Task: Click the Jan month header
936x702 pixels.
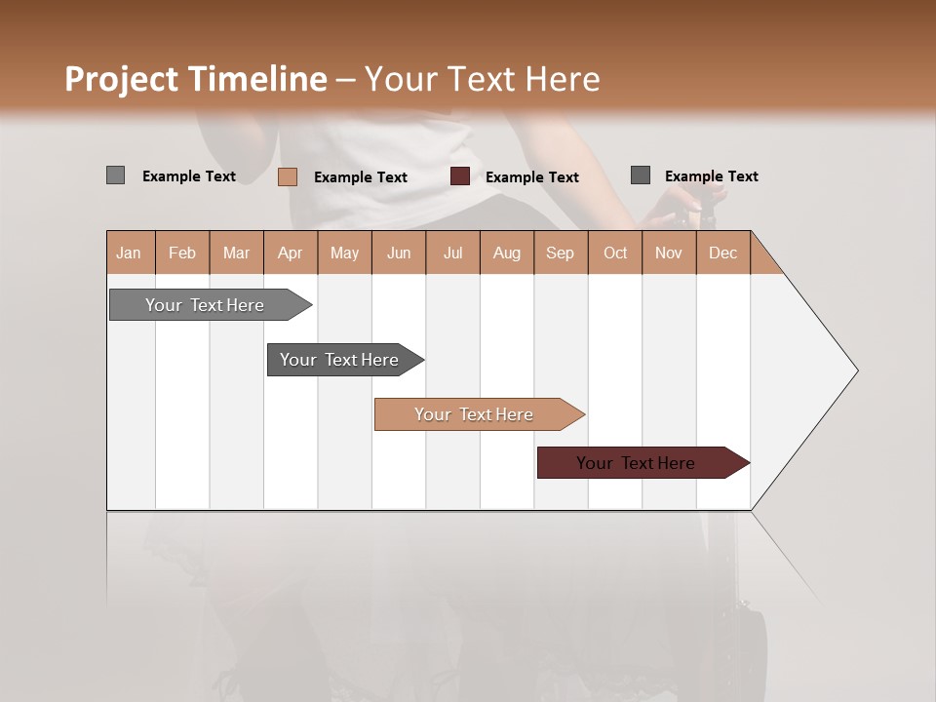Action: [x=129, y=253]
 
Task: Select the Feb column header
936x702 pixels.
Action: [x=182, y=253]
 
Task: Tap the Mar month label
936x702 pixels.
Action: [x=236, y=253]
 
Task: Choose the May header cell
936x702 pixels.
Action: [x=344, y=253]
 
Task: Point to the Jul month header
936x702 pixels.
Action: [x=452, y=253]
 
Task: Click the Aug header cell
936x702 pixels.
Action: [x=506, y=253]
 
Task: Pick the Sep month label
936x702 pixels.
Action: [x=560, y=253]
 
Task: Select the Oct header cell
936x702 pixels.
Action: [x=615, y=253]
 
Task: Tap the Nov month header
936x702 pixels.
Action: [x=668, y=253]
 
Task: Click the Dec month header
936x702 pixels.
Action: [x=722, y=253]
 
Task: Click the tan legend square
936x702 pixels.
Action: [x=287, y=176]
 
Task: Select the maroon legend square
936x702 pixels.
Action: [x=460, y=176]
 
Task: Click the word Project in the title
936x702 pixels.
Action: [x=122, y=79]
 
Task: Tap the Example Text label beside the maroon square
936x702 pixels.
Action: [x=531, y=177]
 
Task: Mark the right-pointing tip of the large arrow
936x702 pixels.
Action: [x=855, y=370]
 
